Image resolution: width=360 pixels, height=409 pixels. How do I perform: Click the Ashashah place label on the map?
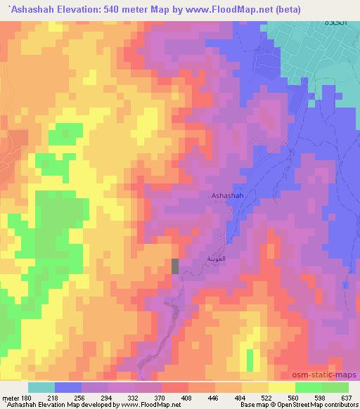227,196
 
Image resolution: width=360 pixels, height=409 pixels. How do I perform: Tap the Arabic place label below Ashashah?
213,259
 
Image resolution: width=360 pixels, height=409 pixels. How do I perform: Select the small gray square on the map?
175,266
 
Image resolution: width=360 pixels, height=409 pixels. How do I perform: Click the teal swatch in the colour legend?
41,387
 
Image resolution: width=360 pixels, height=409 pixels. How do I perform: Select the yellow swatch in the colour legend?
281,387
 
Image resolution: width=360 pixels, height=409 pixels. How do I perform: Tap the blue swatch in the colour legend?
68,387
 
